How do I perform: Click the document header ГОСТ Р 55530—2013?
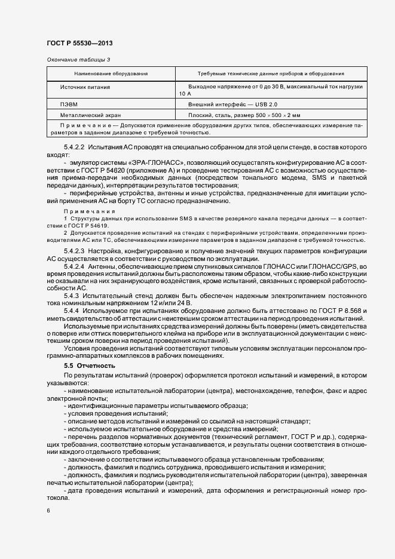coord(79,44)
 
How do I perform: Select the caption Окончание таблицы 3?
coord(78,59)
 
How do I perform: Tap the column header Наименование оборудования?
coord(111,73)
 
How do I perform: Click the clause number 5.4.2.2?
coord(74,147)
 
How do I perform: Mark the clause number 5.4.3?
coord(70,296)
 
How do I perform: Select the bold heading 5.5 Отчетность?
coord(90,365)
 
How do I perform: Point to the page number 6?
coord(48,511)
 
